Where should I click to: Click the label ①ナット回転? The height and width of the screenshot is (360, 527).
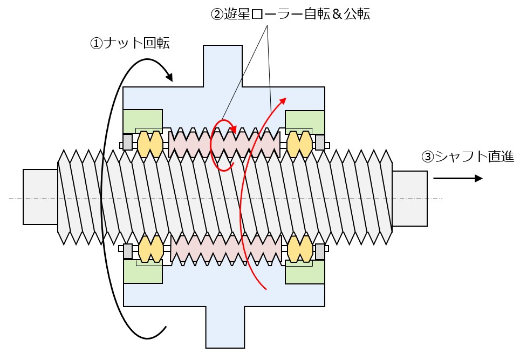(x=130, y=44)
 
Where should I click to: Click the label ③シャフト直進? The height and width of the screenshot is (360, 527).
(x=468, y=157)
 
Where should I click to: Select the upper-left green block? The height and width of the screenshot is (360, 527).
(x=143, y=120)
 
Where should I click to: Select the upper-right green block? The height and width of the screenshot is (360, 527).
(x=305, y=120)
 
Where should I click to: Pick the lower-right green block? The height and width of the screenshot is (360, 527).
(x=305, y=272)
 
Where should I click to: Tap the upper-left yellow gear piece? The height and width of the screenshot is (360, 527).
(x=150, y=144)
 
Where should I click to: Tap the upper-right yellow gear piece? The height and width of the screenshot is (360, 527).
(x=299, y=144)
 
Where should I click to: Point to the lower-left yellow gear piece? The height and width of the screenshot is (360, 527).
(x=150, y=248)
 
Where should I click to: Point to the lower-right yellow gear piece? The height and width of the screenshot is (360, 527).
(x=299, y=248)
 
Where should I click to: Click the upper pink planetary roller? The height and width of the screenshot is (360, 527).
(x=224, y=144)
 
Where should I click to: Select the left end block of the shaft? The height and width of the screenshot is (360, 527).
(x=40, y=196)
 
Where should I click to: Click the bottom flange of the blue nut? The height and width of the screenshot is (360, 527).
(x=225, y=327)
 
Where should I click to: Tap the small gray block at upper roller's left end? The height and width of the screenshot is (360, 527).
(x=128, y=142)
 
